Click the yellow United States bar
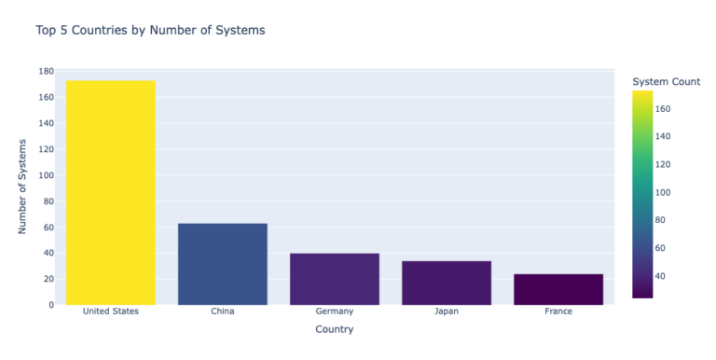click(111, 192)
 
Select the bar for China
click(223, 264)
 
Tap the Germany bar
click(335, 279)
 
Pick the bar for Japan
click(447, 283)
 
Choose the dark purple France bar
click(558, 289)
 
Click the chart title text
click(150, 31)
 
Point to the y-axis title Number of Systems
click(23, 187)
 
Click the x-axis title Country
click(334, 329)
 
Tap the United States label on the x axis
click(111, 312)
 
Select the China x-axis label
click(223, 312)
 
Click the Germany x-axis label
click(335, 312)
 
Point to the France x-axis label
click(558, 312)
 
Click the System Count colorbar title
click(666, 82)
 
